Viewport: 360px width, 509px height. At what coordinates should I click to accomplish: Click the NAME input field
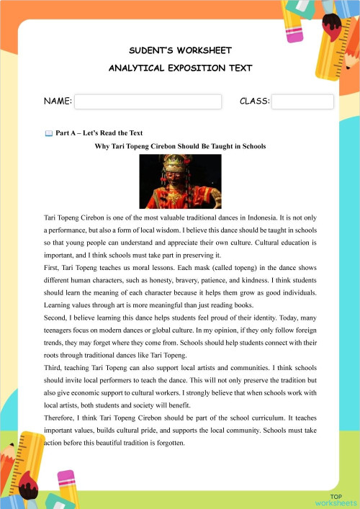tap(150, 102)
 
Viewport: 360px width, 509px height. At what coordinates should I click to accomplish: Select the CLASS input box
tap(302, 102)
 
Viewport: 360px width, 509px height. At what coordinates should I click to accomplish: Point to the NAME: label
tap(58, 103)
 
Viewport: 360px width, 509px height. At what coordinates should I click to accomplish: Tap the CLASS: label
tap(254, 103)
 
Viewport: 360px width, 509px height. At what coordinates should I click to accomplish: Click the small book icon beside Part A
tap(48, 133)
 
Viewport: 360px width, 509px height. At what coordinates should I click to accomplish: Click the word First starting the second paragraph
tap(53, 269)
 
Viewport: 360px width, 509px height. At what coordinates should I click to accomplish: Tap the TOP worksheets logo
tap(336, 499)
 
